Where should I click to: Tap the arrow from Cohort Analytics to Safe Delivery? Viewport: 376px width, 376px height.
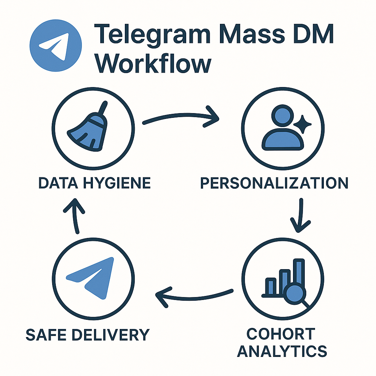[x=195, y=295]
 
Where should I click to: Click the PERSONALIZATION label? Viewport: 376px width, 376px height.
[x=274, y=183]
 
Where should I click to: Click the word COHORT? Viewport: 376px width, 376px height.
[x=281, y=334]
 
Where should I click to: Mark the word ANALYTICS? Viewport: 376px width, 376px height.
[x=282, y=351]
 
